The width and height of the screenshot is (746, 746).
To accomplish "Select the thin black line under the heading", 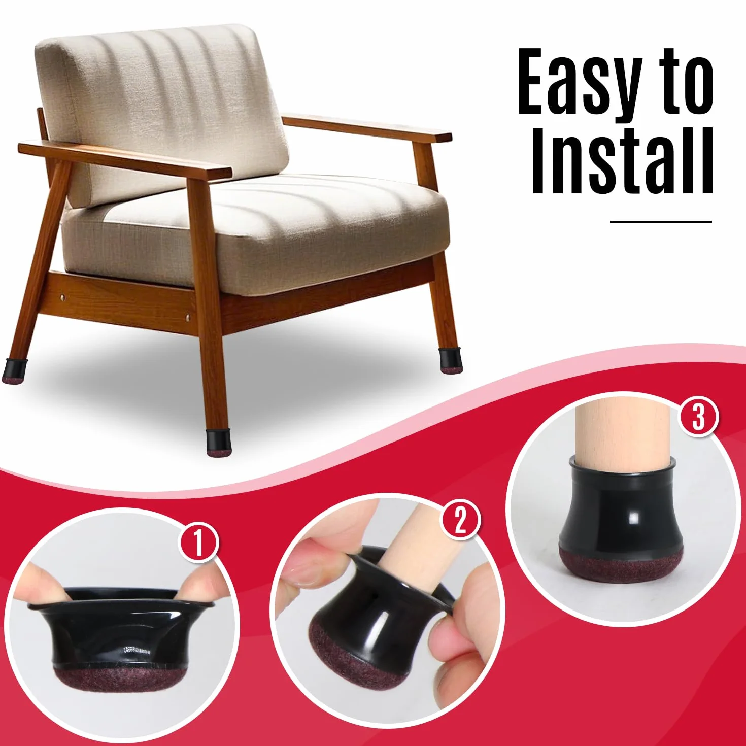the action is [661, 222].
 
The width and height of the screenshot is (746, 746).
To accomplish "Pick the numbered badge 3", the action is [698, 419].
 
